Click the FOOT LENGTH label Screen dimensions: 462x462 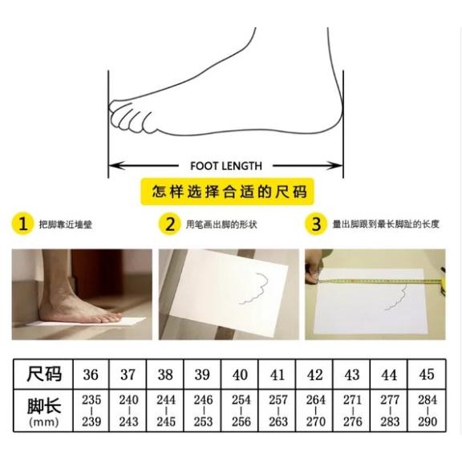[x=226, y=166]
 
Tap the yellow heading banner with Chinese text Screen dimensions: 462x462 [x=227, y=192]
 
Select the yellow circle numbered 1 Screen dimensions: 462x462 [x=23, y=224]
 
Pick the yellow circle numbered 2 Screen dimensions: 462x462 [x=170, y=224]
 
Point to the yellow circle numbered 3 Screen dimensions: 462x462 [x=316, y=224]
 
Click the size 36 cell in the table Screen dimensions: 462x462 [x=91, y=375]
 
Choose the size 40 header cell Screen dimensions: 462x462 [x=240, y=375]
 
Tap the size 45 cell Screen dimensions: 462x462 [x=427, y=375]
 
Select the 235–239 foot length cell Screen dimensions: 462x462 [x=91, y=411]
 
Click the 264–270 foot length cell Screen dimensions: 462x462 [x=314, y=411]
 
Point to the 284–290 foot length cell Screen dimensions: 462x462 [x=427, y=411]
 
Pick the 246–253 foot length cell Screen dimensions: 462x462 [x=203, y=411]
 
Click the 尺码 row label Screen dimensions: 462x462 [x=44, y=375]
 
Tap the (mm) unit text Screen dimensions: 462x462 [x=44, y=422]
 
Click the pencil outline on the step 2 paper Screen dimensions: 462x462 [x=256, y=289]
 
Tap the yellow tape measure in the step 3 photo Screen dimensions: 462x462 [x=380, y=281]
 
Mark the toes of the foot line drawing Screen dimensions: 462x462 [x=131, y=117]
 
